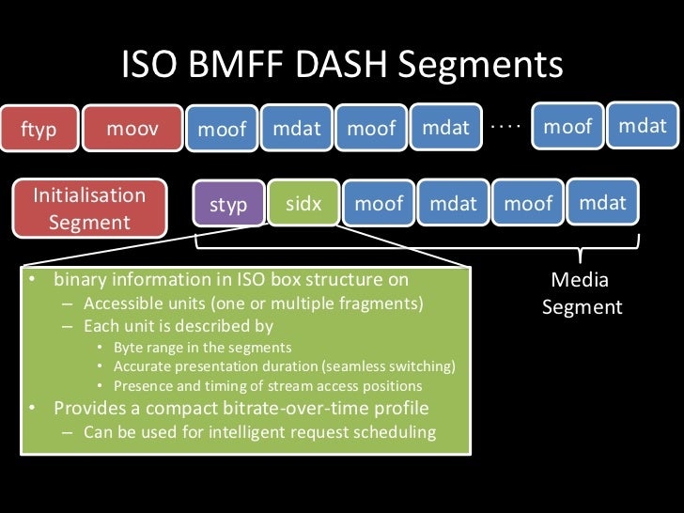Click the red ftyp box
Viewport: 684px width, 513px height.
(x=39, y=130)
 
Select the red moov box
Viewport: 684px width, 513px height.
(x=132, y=129)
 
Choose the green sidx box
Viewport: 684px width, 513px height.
(x=303, y=204)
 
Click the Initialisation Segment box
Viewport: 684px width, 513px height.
(x=89, y=209)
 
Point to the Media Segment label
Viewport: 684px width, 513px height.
(x=582, y=293)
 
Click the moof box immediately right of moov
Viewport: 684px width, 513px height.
(x=222, y=130)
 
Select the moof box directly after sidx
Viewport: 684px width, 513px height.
(x=379, y=203)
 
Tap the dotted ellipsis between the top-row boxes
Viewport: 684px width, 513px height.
(x=505, y=125)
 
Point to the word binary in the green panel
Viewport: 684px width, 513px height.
(x=80, y=280)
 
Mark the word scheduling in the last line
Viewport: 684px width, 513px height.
(x=398, y=432)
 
